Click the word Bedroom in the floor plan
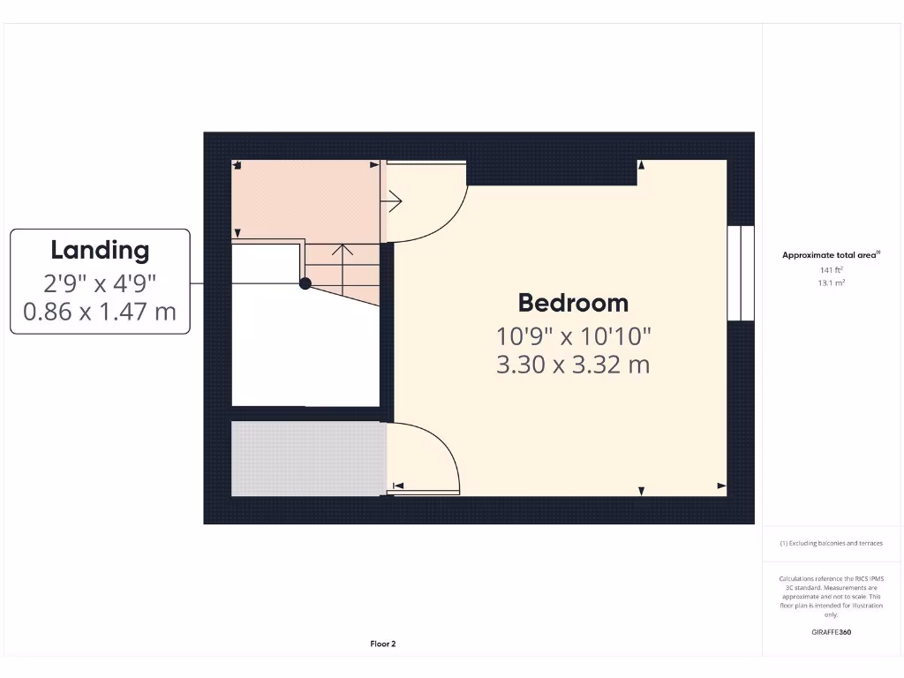tap(573, 303)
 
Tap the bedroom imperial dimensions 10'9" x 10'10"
tap(573, 336)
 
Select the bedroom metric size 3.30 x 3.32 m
tap(573, 364)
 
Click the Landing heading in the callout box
tap(100, 250)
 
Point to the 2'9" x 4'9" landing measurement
tap(100, 283)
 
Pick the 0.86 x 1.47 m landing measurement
tap(100, 311)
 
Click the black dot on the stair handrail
tap(305, 283)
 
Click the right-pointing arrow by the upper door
tap(394, 201)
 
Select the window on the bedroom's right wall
tap(741, 272)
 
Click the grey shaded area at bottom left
tap(307, 457)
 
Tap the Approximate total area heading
tap(830, 255)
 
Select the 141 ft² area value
tap(831, 269)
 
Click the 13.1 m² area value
tap(831, 282)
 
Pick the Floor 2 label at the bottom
tap(383, 644)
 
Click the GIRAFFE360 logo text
tap(831, 632)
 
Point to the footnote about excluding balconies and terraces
tap(831, 544)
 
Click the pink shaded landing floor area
tap(305, 198)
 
